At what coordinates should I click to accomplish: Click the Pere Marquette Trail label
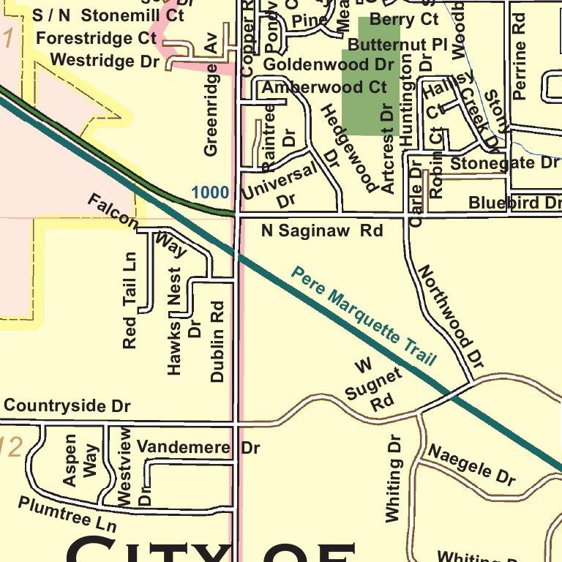coord(364,316)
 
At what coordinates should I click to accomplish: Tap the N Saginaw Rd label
coord(322,231)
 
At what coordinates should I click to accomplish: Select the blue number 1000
coord(210,192)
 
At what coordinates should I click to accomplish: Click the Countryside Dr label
coord(67,405)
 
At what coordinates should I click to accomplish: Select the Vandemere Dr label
coord(198,447)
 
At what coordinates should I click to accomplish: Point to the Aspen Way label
coord(80,460)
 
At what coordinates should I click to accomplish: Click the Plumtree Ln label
coord(67,514)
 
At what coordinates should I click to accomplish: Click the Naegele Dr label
coord(471,465)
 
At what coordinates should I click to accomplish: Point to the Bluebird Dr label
coord(514,203)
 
